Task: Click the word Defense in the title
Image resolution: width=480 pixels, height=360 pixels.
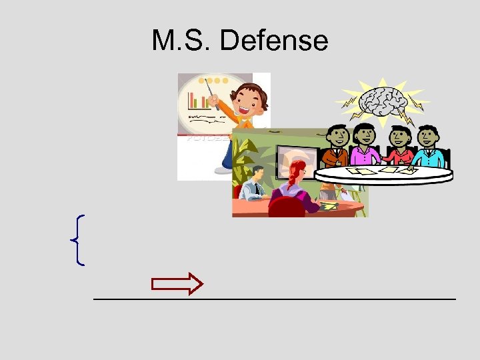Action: click(x=274, y=41)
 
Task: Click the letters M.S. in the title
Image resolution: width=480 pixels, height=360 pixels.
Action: click(x=182, y=41)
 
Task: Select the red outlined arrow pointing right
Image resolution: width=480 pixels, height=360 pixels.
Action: click(x=177, y=284)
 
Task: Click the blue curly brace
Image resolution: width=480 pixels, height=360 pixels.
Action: click(x=77, y=240)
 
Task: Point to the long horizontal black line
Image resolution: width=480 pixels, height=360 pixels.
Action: click(x=274, y=299)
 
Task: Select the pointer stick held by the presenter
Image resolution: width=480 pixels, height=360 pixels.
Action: click(x=214, y=93)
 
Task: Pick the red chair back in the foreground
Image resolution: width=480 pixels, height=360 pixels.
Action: click(x=286, y=207)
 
